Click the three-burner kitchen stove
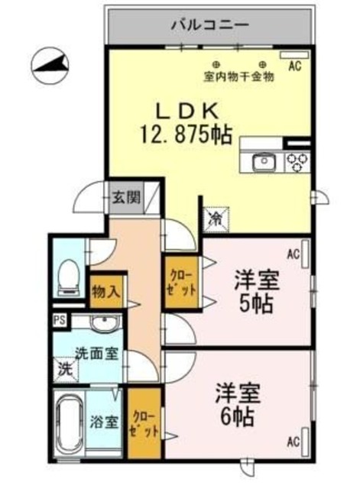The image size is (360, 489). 297,161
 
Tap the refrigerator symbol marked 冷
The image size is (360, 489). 216,217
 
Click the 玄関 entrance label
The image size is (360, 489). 127,198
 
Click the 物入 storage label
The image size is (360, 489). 105,290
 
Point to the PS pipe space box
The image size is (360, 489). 59,320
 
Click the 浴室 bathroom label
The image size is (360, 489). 103,421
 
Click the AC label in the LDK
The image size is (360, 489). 294,66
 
